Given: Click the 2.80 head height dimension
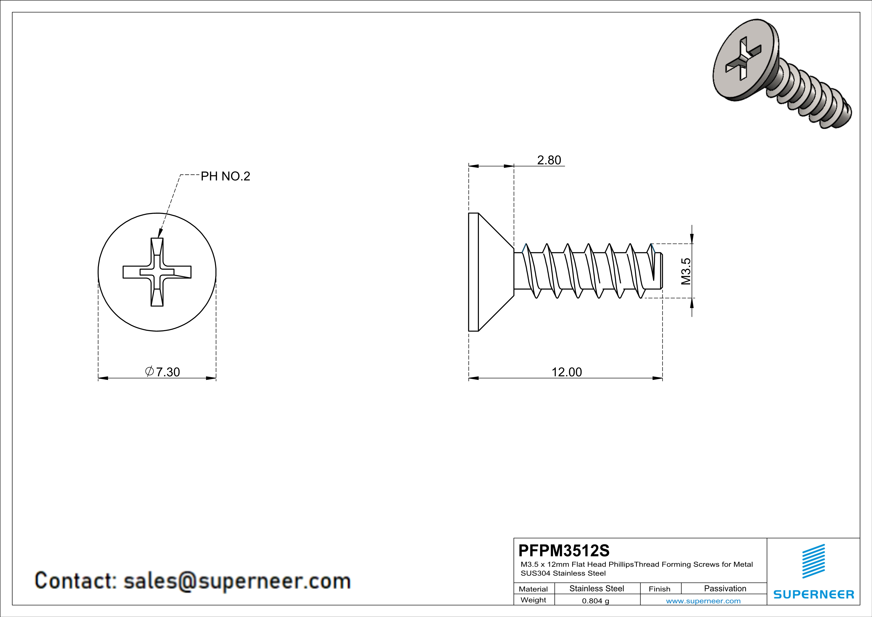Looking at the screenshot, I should pyautogui.click(x=549, y=160).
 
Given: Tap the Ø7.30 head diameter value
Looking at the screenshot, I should pyautogui.click(x=163, y=372).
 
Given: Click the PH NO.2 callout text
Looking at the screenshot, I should pyautogui.click(x=225, y=176).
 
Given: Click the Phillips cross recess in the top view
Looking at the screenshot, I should pyautogui.click(x=157, y=272).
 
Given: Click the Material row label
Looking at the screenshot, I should pyautogui.click(x=533, y=589).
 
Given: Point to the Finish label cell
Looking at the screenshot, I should pyautogui.click(x=659, y=589).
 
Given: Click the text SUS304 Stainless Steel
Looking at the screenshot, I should pyautogui.click(x=563, y=573).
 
